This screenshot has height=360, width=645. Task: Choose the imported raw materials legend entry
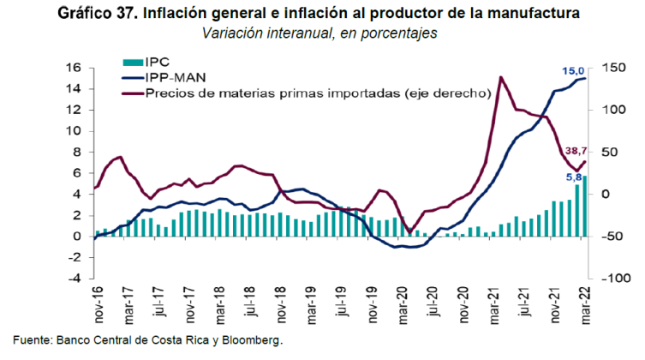pyautogui.click(x=317, y=93)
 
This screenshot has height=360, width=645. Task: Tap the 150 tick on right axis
pyautogui.click(x=611, y=68)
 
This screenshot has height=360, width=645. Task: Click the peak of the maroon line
pyautogui.click(x=499, y=77)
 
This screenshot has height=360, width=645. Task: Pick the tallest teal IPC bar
pyautogui.click(x=585, y=206)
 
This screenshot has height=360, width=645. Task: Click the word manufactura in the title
pyautogui.click(x=540, y=14)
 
